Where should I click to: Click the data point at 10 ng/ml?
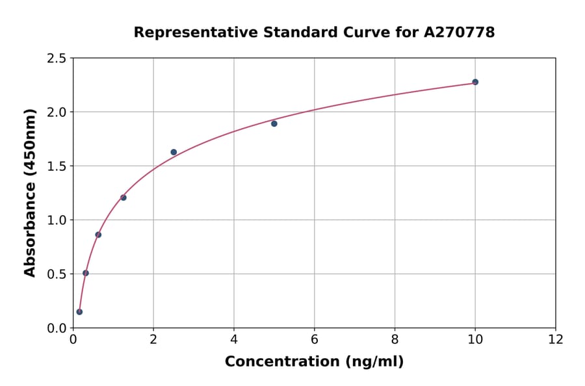point(475,82)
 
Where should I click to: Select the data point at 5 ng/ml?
point(274,123)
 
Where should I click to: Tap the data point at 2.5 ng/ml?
point(174,152)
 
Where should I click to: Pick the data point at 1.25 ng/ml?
point(123,198)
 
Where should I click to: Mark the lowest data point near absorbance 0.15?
point(79,312)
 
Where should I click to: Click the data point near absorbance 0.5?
point(86,273)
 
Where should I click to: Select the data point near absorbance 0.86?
point(98,235)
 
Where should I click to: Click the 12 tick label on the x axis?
point(556,340)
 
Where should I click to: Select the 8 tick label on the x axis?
point(395,340)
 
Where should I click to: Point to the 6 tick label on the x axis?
point(315,340)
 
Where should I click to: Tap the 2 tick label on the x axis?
point(153,340)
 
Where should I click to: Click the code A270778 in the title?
point(460,32)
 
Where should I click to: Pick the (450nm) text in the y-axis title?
point(30,142)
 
